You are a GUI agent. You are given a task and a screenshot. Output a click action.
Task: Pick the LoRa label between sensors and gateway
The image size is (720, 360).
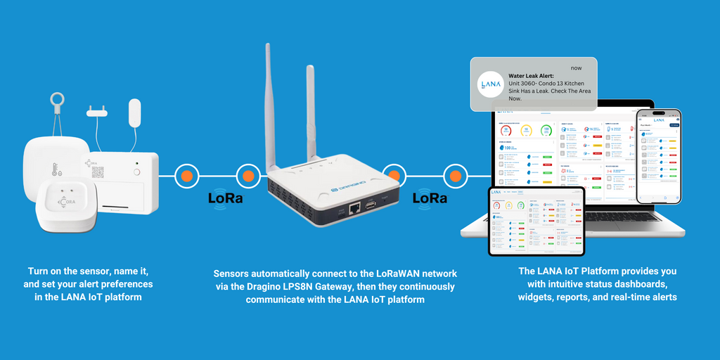tap(226, 198)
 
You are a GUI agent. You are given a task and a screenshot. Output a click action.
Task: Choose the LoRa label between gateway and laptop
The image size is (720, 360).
tap(430, 198)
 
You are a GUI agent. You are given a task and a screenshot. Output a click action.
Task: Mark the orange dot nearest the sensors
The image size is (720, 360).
tap(187, 176)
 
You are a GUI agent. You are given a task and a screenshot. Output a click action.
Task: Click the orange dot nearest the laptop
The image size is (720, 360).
tap(456, 176)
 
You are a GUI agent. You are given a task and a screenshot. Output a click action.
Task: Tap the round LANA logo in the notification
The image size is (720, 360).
tap(489, 84)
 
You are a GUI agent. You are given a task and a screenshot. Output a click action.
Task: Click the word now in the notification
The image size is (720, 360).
tap(577, 67)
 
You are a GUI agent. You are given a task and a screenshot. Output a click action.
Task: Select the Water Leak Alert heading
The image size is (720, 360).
tap(531, 76)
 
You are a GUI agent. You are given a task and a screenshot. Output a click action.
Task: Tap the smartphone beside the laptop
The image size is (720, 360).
tap(659, 156)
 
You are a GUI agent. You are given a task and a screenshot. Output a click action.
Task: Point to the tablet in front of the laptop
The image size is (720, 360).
tap(536, 221)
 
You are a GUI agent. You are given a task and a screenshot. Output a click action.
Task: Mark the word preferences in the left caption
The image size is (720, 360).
tap(122, 284)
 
